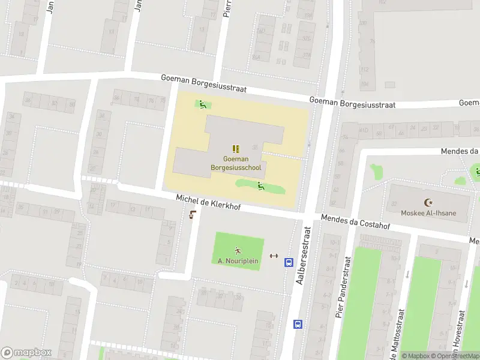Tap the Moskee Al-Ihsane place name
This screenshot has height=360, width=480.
pyautogui.click(x=428, y=213)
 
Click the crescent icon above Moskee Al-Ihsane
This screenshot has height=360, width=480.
pyautogui.click(x=428, y=203)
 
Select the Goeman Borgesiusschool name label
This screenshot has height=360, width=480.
pyautogui.click(x=236, y=164)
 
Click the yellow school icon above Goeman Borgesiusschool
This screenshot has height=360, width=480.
pyautogui.click(x=236, y=149)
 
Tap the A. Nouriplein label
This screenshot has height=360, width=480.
pyautogui.click(x=238, y=261)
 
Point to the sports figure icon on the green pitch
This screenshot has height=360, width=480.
pyautogui.click(x=238, y=250)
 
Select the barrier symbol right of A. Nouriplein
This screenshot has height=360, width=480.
pyautogui.click(x=274, y=256)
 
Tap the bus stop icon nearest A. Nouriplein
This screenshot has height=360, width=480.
pyautogui.click(x=289, y=262)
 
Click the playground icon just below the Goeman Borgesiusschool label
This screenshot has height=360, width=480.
pyautogui.click(x=261, y=186)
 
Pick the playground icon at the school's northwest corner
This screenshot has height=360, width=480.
pyautogui.click(x=203, y=105)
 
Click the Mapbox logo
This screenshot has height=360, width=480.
pyautogui.click(x=26, y=353)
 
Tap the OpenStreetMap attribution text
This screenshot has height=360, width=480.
pyautogui.click(x=458, y=356)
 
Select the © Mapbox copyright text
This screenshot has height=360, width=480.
pyautogui.click(x=418, y=356)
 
